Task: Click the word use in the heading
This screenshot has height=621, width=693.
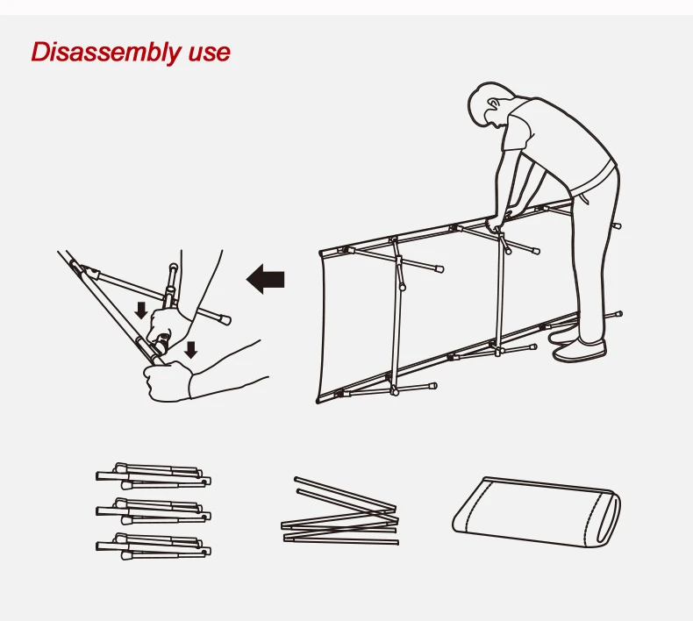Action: click(210, 53)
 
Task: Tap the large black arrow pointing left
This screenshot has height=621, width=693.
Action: click(265, 279)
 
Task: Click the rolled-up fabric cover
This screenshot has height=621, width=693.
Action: click(537, 511)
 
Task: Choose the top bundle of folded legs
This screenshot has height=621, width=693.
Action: click(154, 476)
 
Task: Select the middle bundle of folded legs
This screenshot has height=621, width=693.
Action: click(154, 511)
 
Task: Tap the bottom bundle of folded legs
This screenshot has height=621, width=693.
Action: click(154, 546)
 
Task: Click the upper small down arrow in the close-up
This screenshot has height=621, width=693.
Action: click(141, 310)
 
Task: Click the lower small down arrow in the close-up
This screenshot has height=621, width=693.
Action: click(190, 349)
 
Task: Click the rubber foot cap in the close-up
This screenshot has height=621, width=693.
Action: click(225, 319)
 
